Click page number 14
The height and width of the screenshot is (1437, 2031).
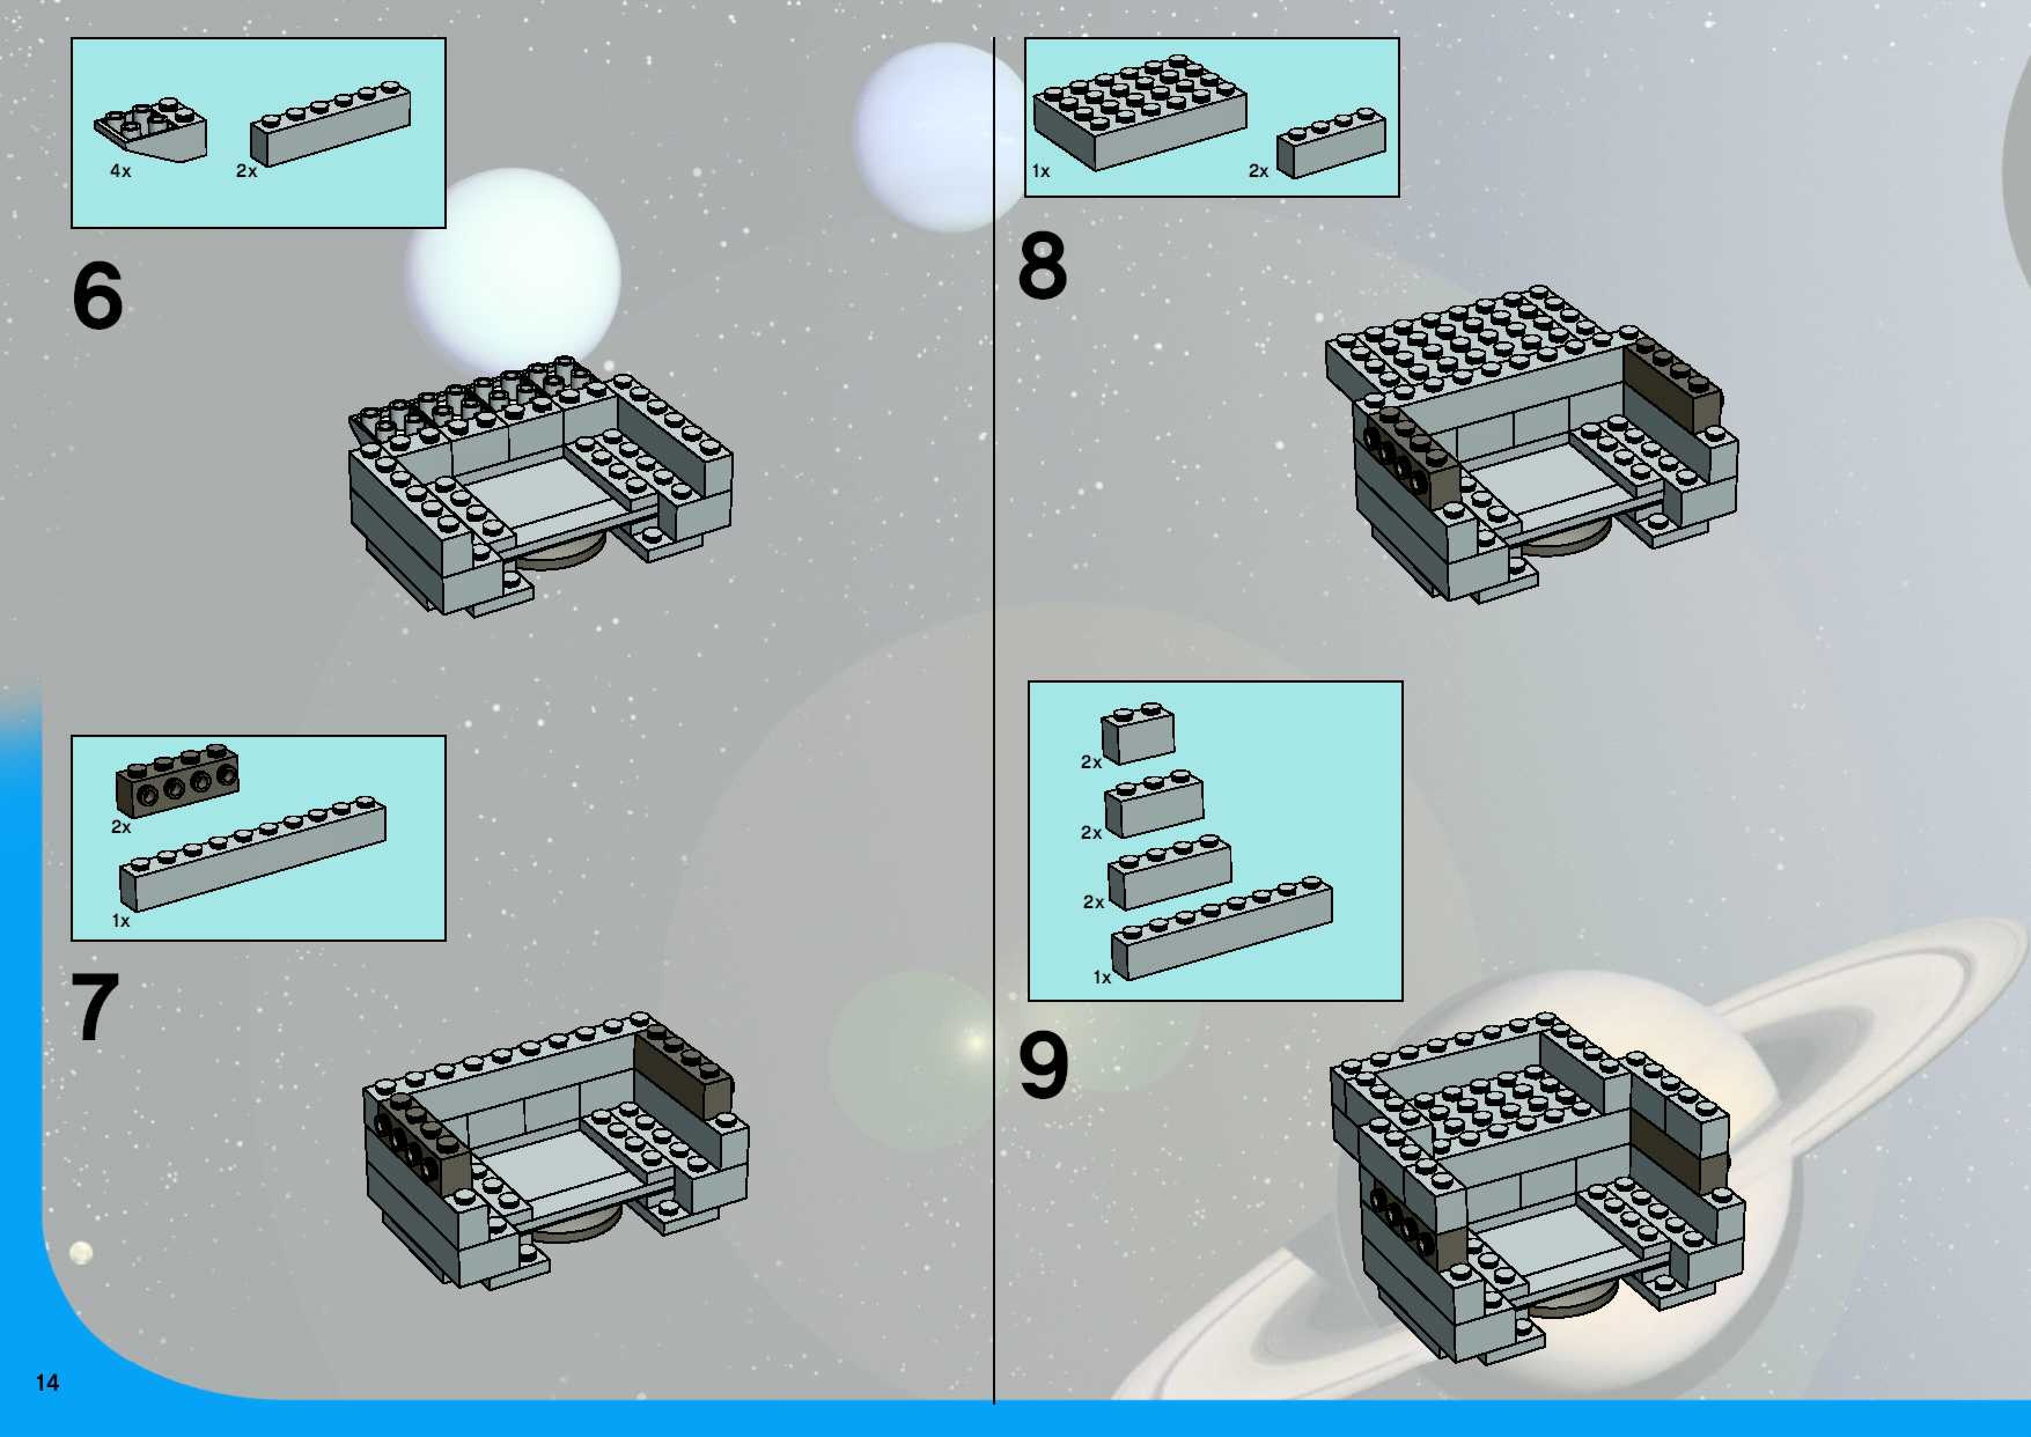pyautogui.click(x=47, y=1382)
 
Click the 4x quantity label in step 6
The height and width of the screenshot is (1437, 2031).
pyautogui.click(x=120, y=171)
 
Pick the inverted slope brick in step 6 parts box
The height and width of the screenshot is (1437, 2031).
pyautogui.click(x=152, y=134)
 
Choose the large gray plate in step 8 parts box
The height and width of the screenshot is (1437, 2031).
pyautogui.click(x=1140, y=112)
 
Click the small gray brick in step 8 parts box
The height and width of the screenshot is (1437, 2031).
pyautogui.click(x=1331, y=142)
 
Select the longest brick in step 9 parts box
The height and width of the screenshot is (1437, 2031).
pyautogui.click(x=1222, y=927)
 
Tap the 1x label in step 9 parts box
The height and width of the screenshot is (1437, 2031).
pyautogui.click(x=1102, y=978)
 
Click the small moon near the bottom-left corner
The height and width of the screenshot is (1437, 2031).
pyautogui.click(x=80, y=1252)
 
